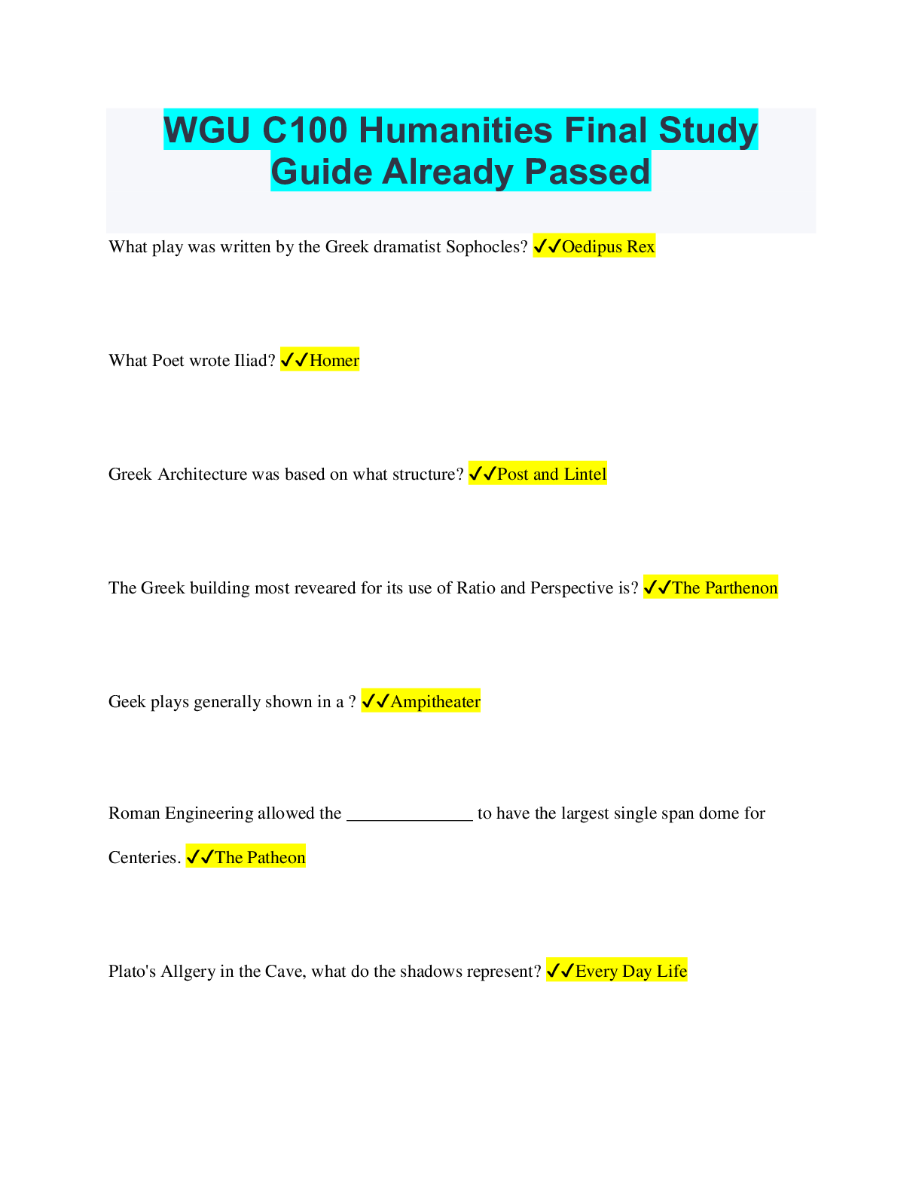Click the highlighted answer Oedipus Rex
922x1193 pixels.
tap(608, 247)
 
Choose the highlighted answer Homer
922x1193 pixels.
tap(334, 361)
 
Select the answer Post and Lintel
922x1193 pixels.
tap(551, 474)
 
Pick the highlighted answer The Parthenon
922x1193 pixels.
tap(724, 588)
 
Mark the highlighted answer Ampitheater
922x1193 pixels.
tap(435, 702)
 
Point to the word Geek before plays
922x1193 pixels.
tap(127, 702)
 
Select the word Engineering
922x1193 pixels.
tap(209, 813)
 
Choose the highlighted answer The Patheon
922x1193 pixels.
tap(260, 858)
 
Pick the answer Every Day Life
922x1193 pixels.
tap(630, 972)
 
